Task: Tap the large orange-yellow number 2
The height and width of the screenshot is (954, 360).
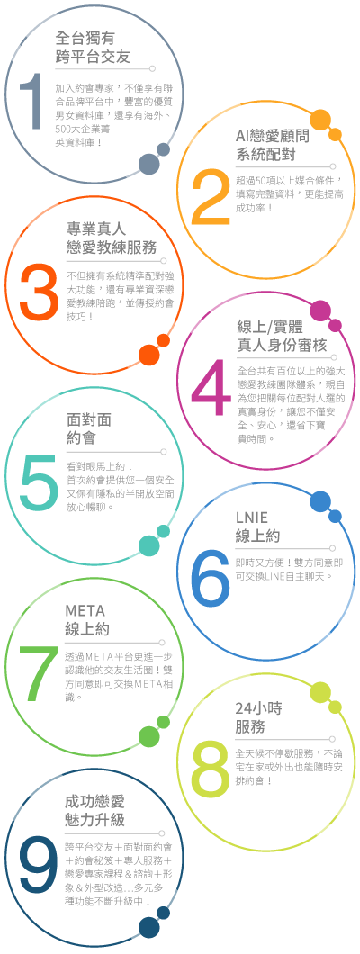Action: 211,194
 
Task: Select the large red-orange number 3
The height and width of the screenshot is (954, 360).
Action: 39,292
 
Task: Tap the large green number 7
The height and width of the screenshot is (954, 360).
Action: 40,673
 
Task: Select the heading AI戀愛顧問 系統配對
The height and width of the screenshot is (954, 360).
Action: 272,145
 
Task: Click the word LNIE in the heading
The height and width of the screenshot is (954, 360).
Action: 250,518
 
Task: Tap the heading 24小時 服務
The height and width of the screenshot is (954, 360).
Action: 258,717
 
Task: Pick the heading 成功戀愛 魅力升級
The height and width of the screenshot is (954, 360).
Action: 94,810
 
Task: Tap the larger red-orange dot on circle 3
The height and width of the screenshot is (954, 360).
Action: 149,355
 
